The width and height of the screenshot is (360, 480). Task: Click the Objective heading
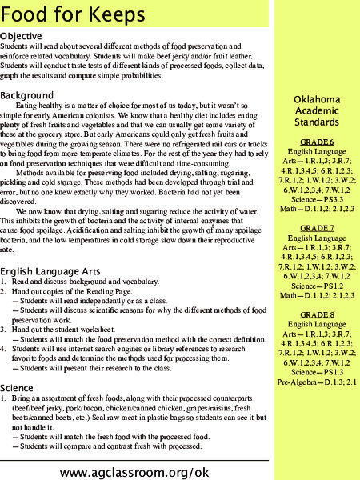(27, 37)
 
